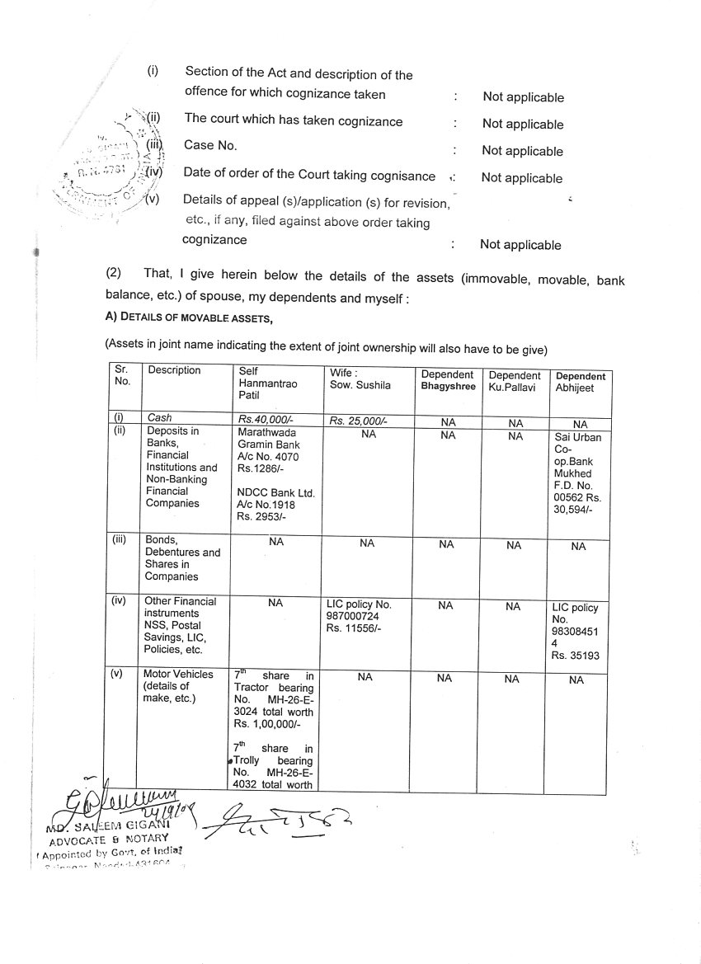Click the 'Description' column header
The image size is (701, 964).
coord(174,370)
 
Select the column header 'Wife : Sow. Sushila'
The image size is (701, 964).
coord(360,379)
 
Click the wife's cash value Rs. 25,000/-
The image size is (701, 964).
coord(359,420)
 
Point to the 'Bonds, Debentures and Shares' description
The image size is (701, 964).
coord(181,557)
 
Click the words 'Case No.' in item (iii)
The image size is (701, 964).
coord(210,145)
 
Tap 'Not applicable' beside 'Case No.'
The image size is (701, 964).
coord(522,151)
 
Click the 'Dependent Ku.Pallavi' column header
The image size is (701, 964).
coord(515,380)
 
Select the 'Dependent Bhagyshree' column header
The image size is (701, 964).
coord(448,380)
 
